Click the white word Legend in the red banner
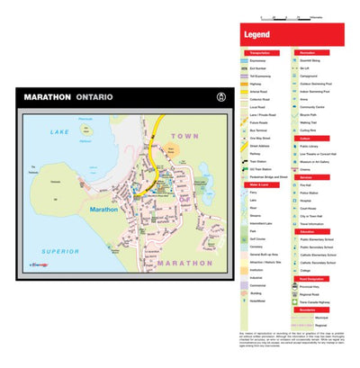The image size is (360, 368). [257, 35]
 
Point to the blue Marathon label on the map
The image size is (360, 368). [104, 209]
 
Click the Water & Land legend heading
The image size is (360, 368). [255, 184]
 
